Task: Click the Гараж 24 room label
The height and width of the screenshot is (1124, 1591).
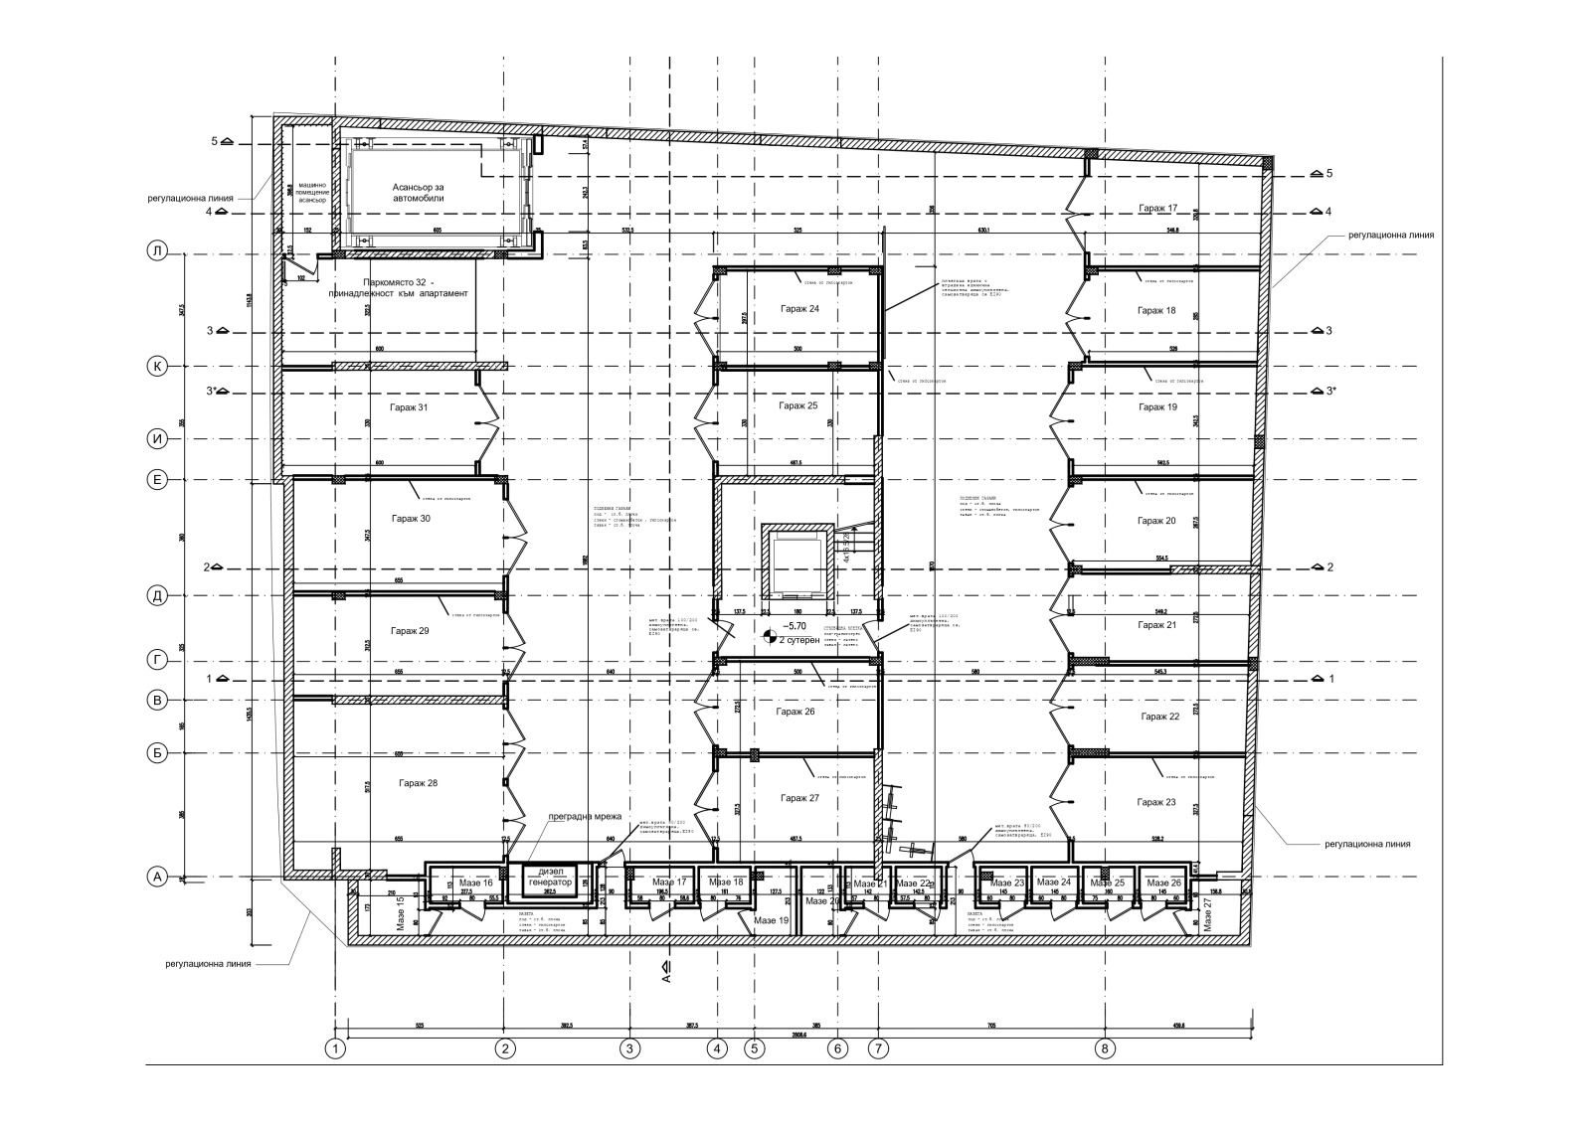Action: click(799, 309)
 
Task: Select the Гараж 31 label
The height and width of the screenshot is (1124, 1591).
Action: click(410, 407)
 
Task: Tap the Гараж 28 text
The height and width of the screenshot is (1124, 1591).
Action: click(418, 783)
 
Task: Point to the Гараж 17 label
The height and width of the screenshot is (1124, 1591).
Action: click(1157, 209)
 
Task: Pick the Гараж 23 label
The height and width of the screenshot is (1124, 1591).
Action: click(1156, 802)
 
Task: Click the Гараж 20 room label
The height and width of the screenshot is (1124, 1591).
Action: click(1156, 521)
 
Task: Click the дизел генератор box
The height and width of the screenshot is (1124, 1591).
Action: click(548, 879)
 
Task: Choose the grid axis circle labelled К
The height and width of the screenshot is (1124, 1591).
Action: click(156, 367)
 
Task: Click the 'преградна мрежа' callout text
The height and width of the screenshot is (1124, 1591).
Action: click(585, 817)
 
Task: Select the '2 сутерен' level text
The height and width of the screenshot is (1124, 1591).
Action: click(800, 641)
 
